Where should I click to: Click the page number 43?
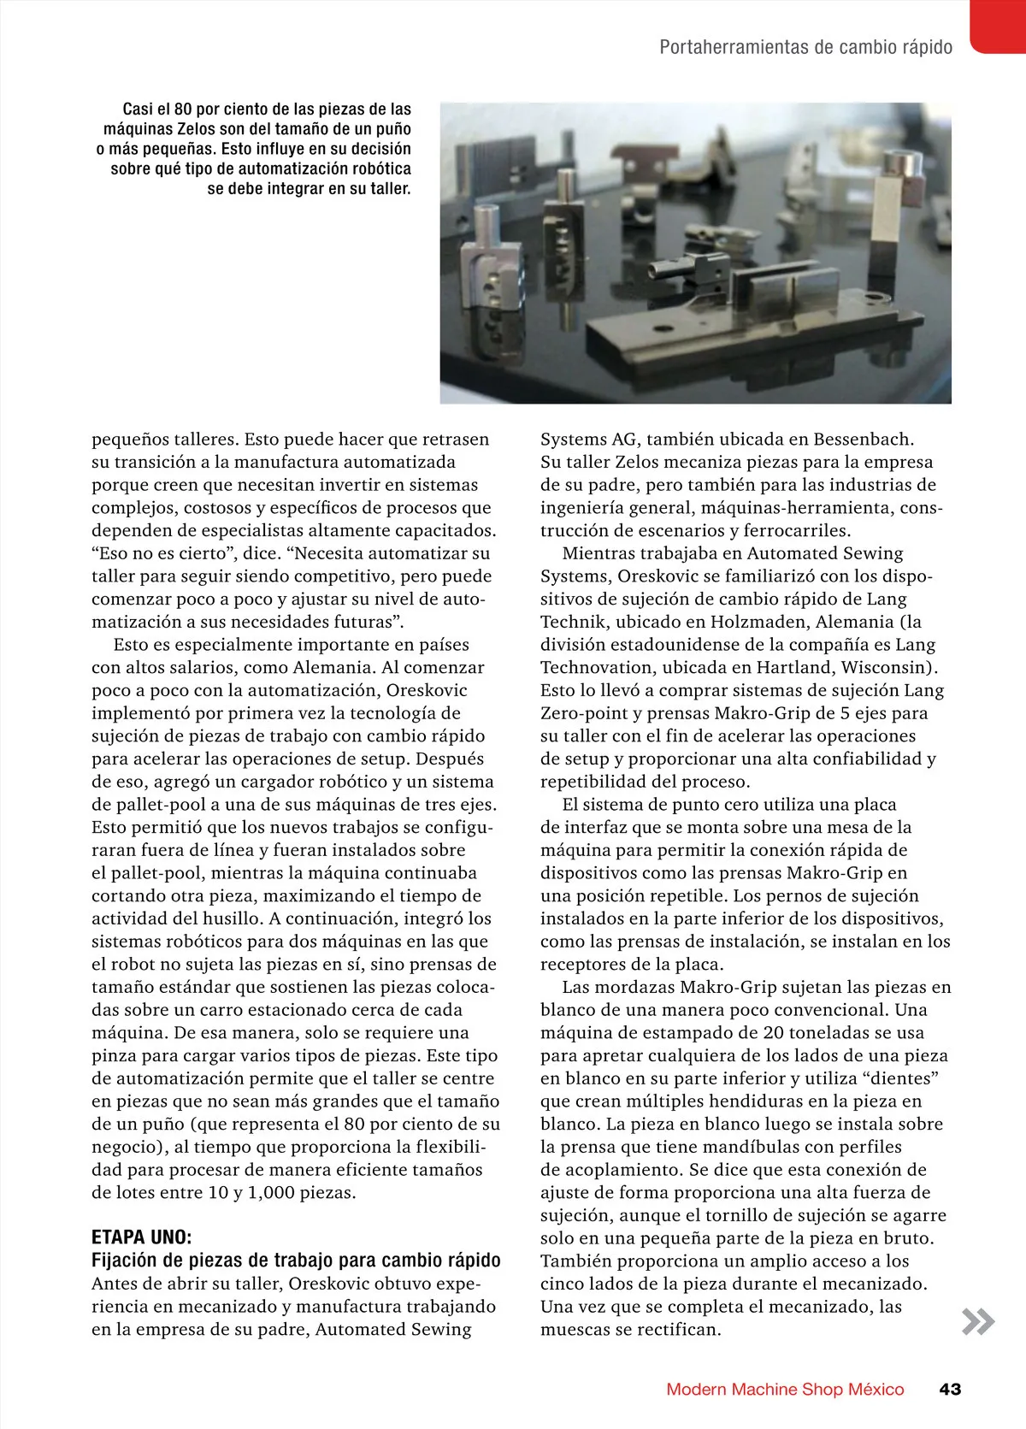[950, 1389]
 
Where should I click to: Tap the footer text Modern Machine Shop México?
[785, 1389]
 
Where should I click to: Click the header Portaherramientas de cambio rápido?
[805, 47]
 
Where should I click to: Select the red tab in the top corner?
[999, 26]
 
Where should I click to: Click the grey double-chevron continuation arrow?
[978, 1321]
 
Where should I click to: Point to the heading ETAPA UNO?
[142, 1237]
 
